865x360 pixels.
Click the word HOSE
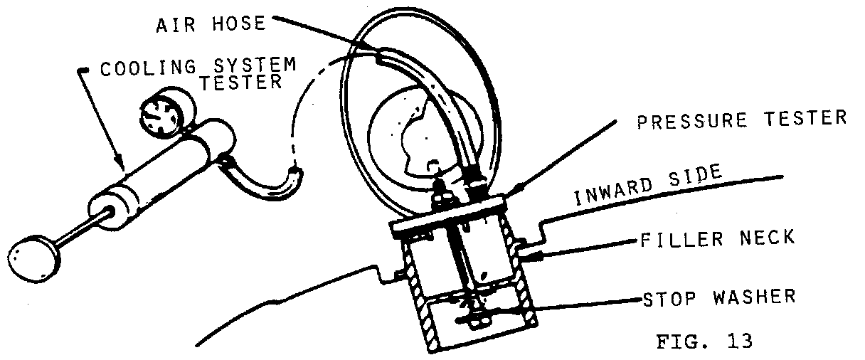click(x=236, y=23)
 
